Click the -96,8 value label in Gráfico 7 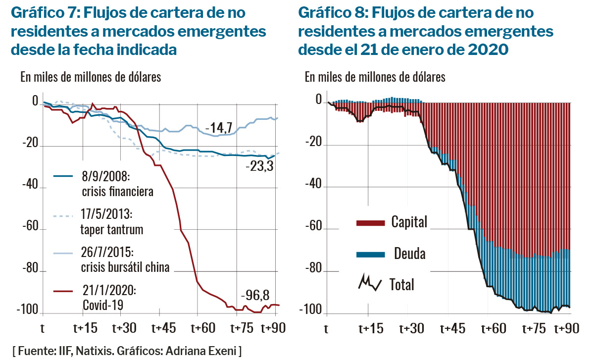click(x=255, y=296)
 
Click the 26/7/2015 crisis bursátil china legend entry click(x=119, y=260)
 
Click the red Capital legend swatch click(x=370, y=223)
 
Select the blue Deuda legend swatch click(x=370, y=254)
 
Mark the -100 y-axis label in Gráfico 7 click(x=28, y=311)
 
